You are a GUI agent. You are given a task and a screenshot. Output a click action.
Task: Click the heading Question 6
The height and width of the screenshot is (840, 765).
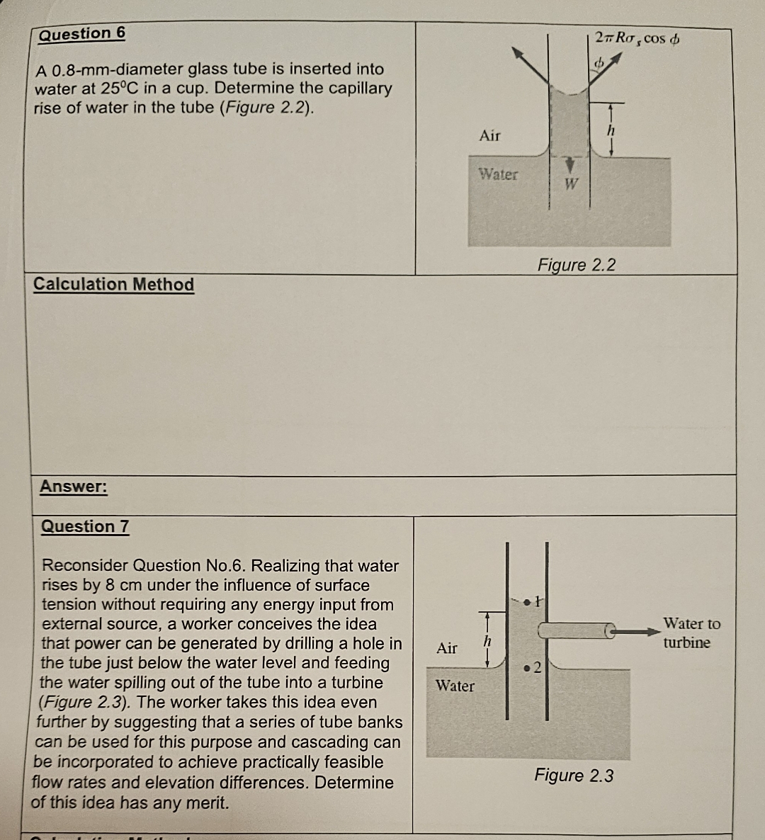coord(82,34)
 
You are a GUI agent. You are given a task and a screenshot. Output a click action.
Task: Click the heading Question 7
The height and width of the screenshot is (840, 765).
coord(85,526)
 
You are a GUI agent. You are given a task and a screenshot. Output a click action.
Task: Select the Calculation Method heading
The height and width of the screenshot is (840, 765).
coord(113,284)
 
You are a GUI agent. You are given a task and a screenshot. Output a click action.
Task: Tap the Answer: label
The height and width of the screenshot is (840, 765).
coord(74,487)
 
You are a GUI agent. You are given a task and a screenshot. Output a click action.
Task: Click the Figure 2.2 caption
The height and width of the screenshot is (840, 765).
coord(577,265)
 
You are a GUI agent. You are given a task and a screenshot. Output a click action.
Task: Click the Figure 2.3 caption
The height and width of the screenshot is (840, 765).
coord(574,776)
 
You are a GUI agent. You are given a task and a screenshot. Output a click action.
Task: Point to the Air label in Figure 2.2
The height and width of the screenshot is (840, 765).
coord(489,135)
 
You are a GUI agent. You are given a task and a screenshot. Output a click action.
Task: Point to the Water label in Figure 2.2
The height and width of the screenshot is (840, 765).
coord(498,174)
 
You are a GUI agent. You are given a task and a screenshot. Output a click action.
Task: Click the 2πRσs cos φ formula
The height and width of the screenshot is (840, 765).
coord(637,38)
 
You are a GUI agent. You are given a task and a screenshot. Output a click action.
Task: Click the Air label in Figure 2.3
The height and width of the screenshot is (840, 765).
coord(447,648)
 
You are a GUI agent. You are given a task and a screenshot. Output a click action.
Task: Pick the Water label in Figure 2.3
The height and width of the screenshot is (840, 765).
coord(455,686)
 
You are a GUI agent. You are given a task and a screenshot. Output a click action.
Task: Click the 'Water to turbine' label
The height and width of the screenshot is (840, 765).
coord(691,633)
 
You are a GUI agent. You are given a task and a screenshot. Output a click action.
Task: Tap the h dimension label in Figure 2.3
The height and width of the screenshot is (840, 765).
coord(487,640)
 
